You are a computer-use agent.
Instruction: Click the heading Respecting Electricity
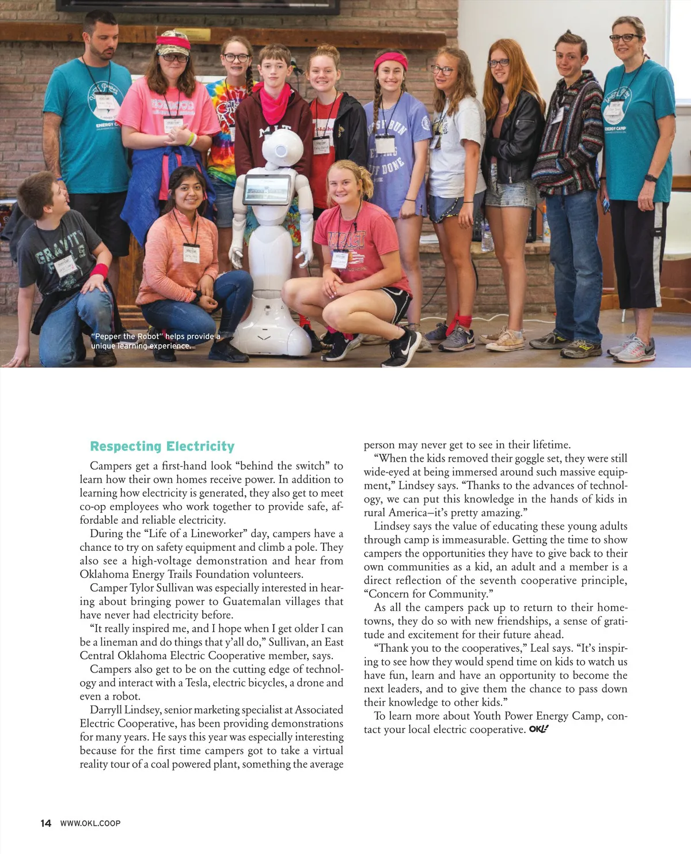pos(162,447)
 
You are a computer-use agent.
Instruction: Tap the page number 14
pos(45,823)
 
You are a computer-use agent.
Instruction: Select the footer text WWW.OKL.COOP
pos(90,823)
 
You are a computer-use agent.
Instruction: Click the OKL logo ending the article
pos(538,729)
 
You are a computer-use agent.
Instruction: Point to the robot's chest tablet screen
pos(267,189)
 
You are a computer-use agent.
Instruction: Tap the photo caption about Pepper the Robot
pos(155,341)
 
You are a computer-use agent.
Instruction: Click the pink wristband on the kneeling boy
pos(99,271)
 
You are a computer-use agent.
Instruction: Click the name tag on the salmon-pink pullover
pos(191,254)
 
